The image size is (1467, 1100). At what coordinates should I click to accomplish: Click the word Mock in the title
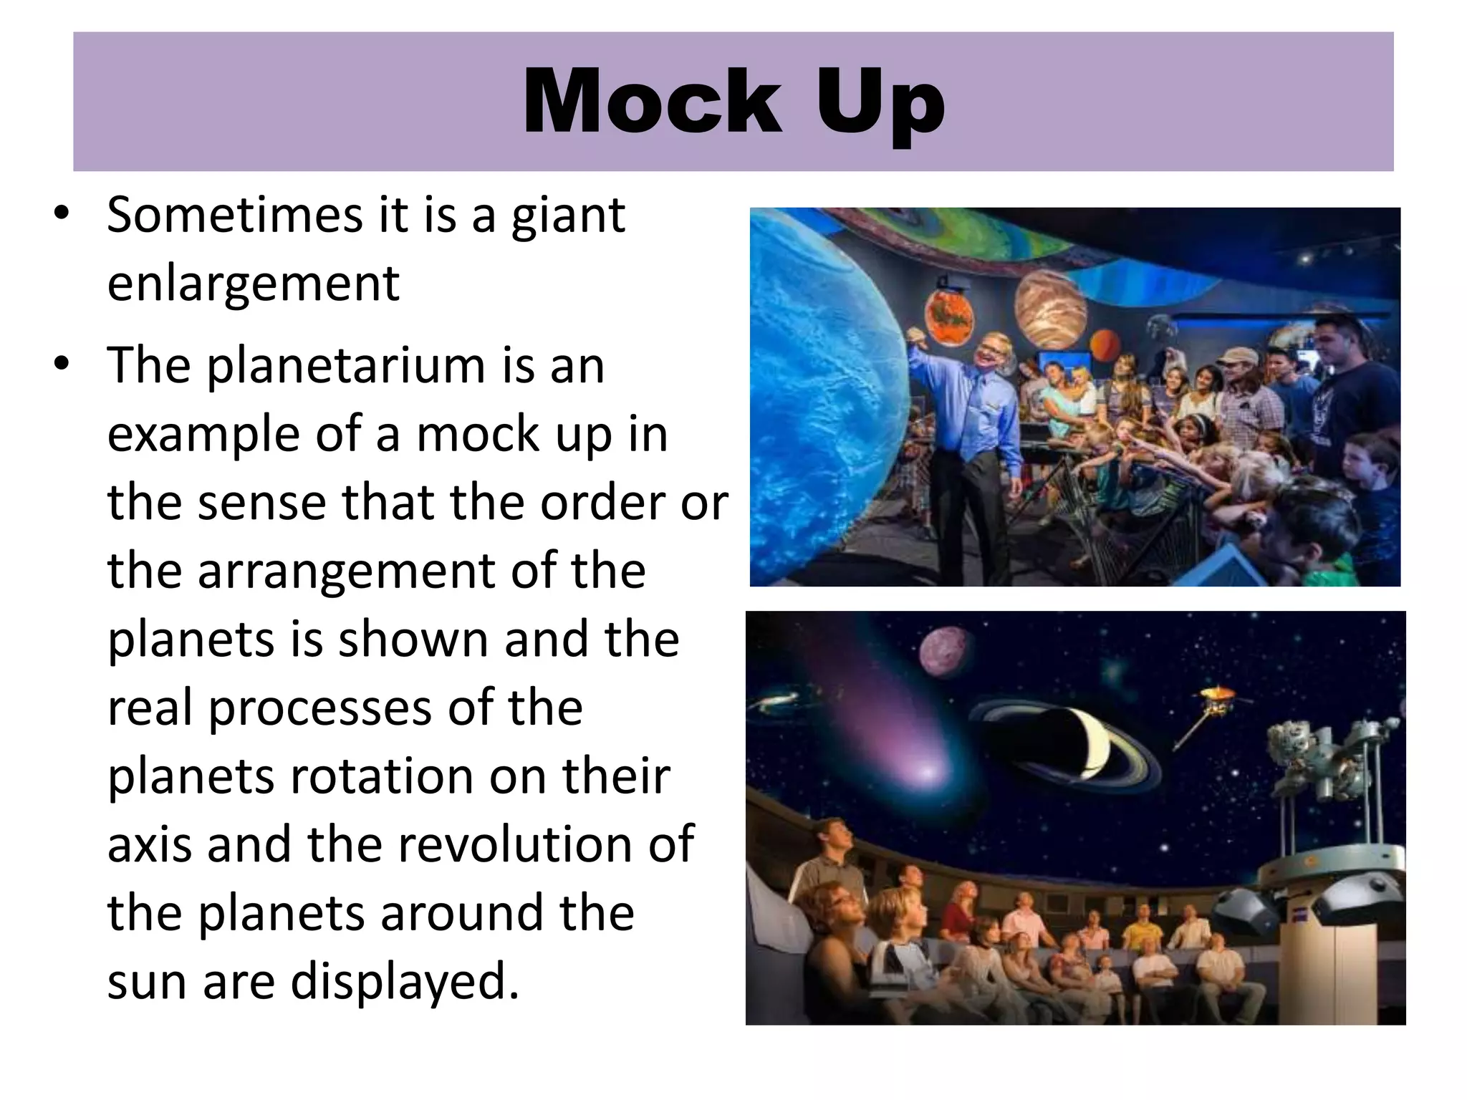click(652, 102)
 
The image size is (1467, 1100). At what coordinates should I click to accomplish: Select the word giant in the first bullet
click(568, 216)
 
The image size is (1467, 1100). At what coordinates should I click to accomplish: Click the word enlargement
click(253, 284)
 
